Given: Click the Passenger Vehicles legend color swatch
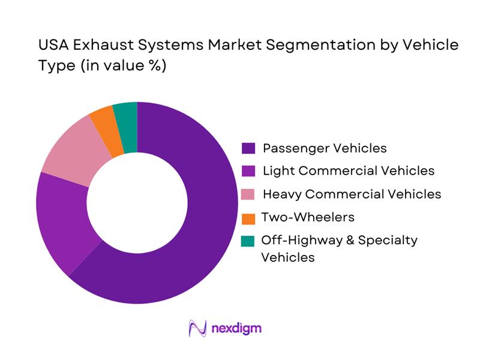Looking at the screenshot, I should point(249,148).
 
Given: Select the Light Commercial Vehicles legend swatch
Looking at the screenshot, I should point(249,171).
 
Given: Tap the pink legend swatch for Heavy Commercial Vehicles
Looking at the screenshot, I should point(249,194).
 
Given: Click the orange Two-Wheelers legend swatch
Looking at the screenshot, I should point(249,217).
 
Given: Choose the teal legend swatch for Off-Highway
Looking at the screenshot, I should point(249,241).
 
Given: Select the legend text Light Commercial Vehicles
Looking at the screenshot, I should point(349,171).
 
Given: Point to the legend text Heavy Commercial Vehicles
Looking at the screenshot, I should point(352,194).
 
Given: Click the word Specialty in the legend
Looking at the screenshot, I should point(388,241).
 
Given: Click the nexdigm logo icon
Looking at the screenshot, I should point(197,328).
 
